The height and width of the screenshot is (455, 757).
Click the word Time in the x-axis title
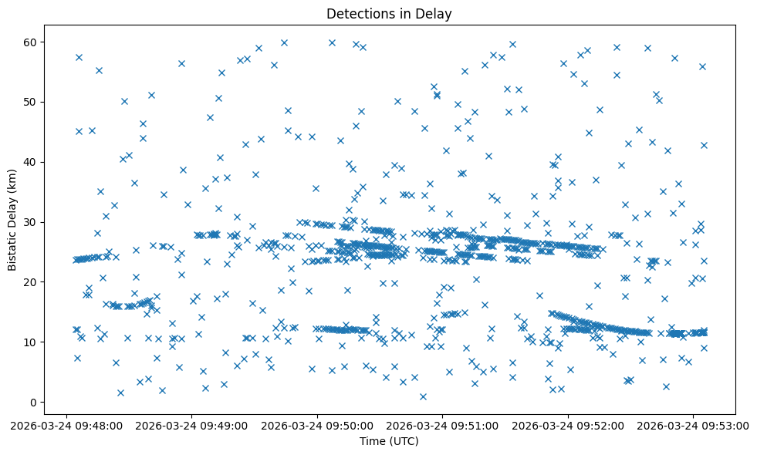click(x=372, y=441)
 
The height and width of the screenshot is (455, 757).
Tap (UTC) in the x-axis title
click(x=404, y=441)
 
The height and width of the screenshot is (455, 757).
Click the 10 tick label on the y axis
click(x=32, y=342)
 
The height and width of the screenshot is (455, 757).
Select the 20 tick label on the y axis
click(x=32, y=282)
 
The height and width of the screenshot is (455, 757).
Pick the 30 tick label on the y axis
click(x=32, y=222)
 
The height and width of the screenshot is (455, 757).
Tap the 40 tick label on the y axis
click(x=32, y=162)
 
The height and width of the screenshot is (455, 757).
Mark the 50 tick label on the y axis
click(x=32, y=102)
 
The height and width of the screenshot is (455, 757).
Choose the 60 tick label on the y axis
click(x=32, y=42)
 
